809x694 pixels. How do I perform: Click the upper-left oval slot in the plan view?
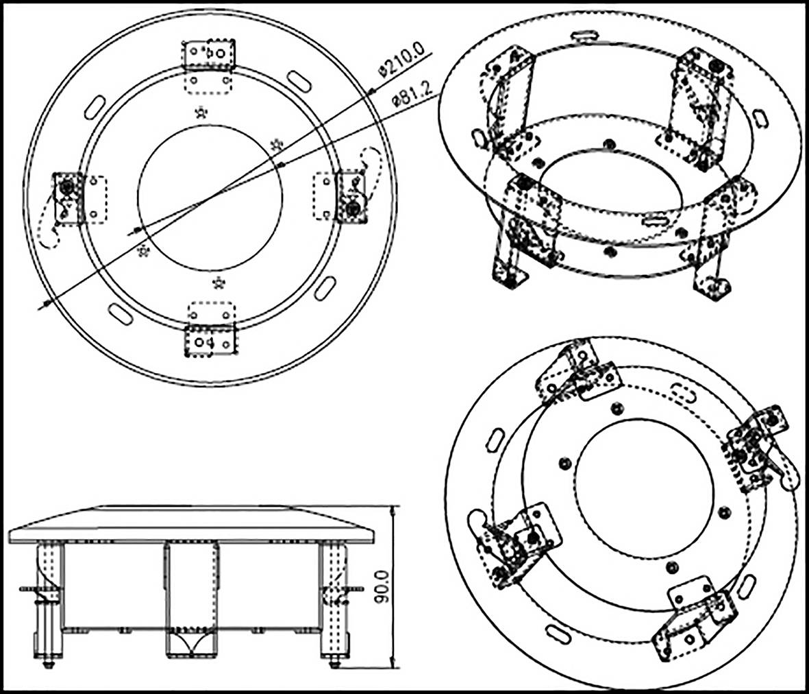[x=94, y=106]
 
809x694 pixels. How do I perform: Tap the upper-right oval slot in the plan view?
[x=299, y=80]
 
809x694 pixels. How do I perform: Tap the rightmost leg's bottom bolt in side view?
[x=334, y=661]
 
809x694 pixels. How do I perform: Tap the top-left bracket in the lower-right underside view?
[x=577, y=370]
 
